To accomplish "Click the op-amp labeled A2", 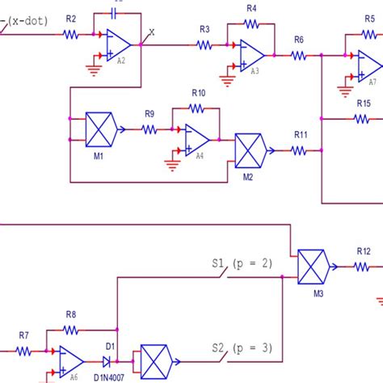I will pos(116,46).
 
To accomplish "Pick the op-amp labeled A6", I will pos(71,356).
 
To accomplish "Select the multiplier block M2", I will pos(251,149).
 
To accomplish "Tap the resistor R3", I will pos(204,44).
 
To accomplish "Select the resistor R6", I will pos(299,55).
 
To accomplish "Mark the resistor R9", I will pos(149,128).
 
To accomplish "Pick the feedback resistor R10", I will pos(198,108).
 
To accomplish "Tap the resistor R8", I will pos(71,330).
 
